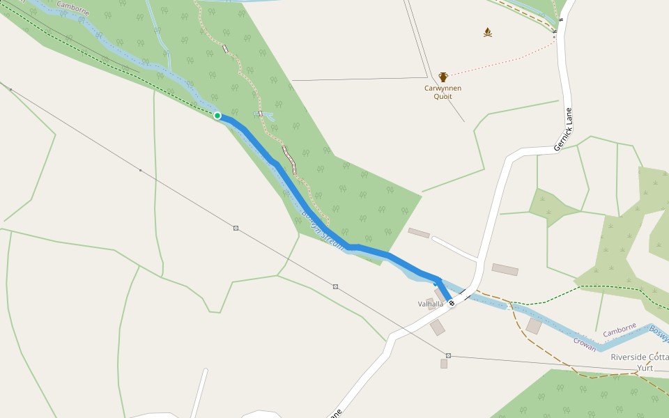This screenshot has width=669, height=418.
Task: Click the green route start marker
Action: [x=217, y=116]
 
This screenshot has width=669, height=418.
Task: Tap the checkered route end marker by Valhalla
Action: [x=452, y=303]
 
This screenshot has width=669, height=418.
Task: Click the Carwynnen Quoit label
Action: [x=443, y=92]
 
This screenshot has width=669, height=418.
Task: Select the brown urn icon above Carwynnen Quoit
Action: [x=443, y=77]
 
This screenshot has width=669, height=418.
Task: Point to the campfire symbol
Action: [x=488, y=32]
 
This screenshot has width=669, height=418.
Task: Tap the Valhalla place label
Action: [x=430, y=304]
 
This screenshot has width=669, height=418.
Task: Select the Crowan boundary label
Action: [x=585, y=342]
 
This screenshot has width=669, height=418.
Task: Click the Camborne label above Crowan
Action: [x=620, y=330]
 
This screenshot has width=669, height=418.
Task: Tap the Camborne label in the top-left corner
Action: [x=72, y=8]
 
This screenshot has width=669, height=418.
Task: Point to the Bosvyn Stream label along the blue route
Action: [x=323, y=230]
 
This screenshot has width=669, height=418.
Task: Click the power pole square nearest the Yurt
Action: [x=448, y=355]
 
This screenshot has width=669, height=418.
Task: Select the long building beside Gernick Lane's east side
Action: [x=505, y=270]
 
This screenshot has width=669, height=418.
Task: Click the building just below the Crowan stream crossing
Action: [x=534, y=326]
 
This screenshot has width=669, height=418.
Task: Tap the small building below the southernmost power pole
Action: [x=443, y=364]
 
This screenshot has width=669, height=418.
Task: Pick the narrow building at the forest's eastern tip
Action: [x=419, y=233]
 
